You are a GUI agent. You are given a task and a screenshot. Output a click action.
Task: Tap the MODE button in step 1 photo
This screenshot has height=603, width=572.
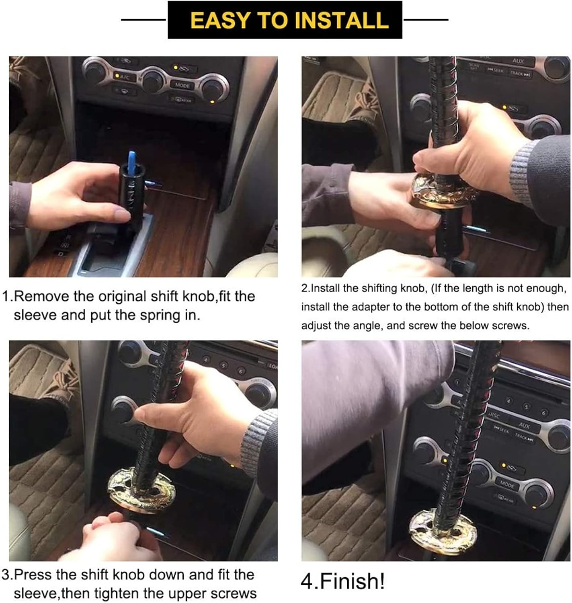tap(182, 85)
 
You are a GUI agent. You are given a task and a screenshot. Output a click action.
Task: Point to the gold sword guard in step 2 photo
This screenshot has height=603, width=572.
tap(442, 193)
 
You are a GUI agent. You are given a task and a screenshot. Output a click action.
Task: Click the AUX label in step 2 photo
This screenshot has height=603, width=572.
tap(518, 61)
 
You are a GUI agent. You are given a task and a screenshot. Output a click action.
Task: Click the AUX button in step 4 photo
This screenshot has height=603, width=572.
tap(524, 425)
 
